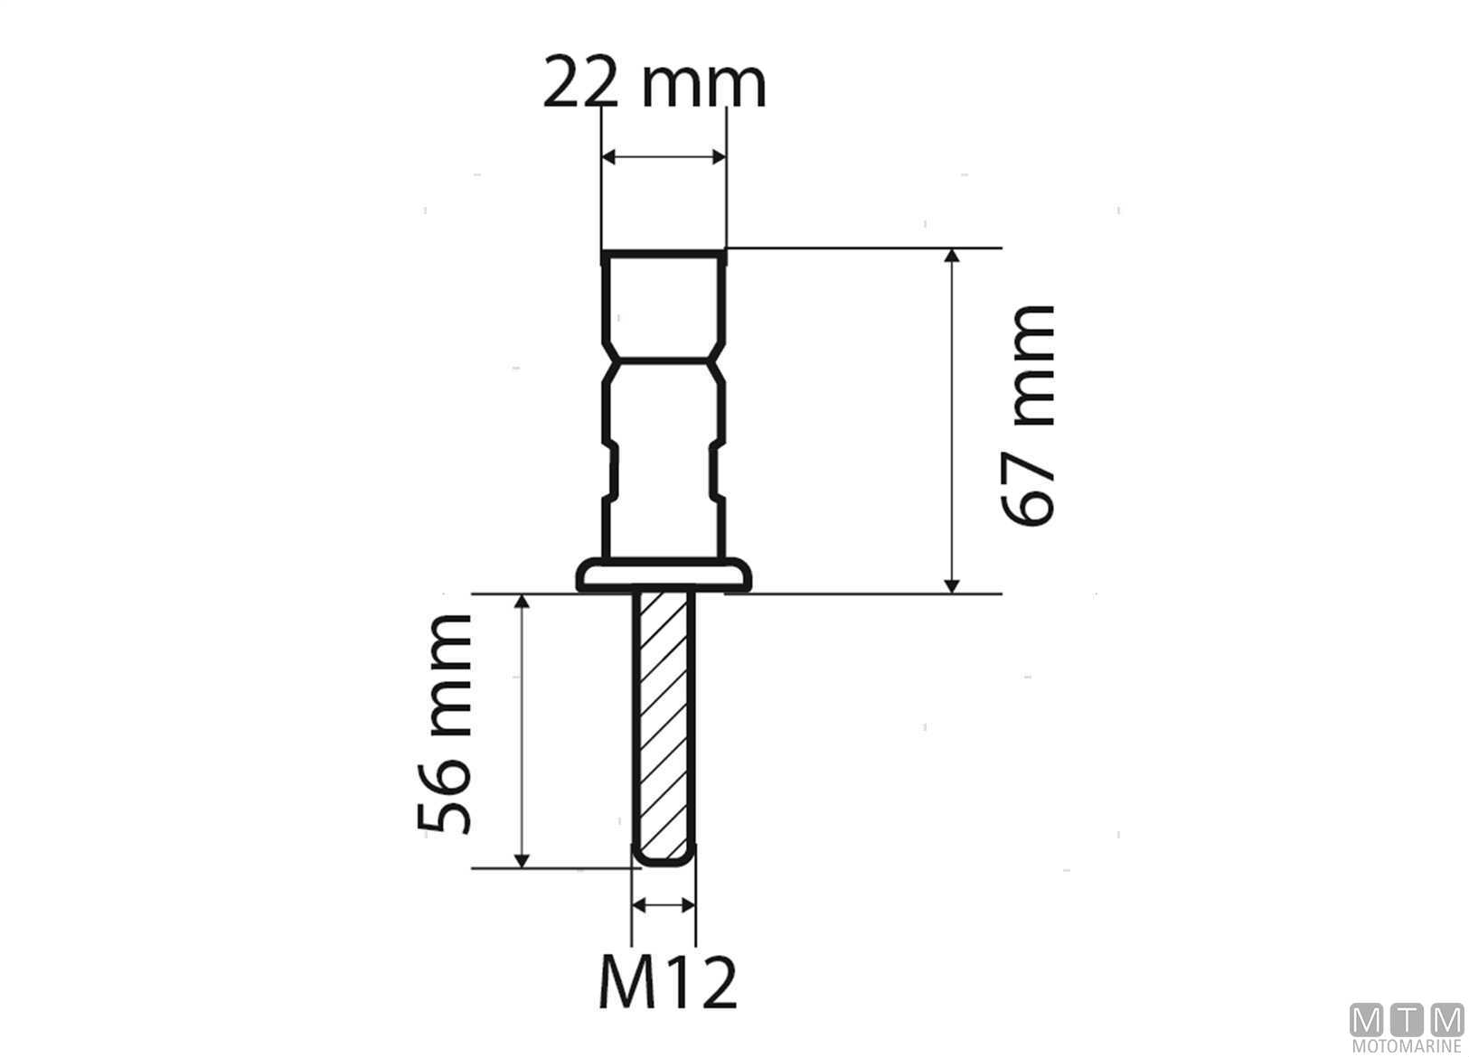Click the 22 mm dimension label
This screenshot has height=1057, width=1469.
click(x=654, y=83)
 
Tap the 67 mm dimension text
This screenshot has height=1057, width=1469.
click(x=1027, y=416)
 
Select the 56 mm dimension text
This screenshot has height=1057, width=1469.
click(x=444, y=725)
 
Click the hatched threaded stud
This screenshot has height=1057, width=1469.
click(x=664, y=727)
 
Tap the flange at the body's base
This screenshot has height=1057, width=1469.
click(x=664, y=575)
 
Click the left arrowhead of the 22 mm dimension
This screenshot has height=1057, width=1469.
click(x=609, y=157)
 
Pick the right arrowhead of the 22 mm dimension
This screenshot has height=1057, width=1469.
click(x=719, y=157)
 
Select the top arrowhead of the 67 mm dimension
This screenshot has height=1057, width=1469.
click(x=952, y=256)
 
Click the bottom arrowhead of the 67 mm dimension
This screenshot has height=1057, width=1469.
click(x=952, y=585)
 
